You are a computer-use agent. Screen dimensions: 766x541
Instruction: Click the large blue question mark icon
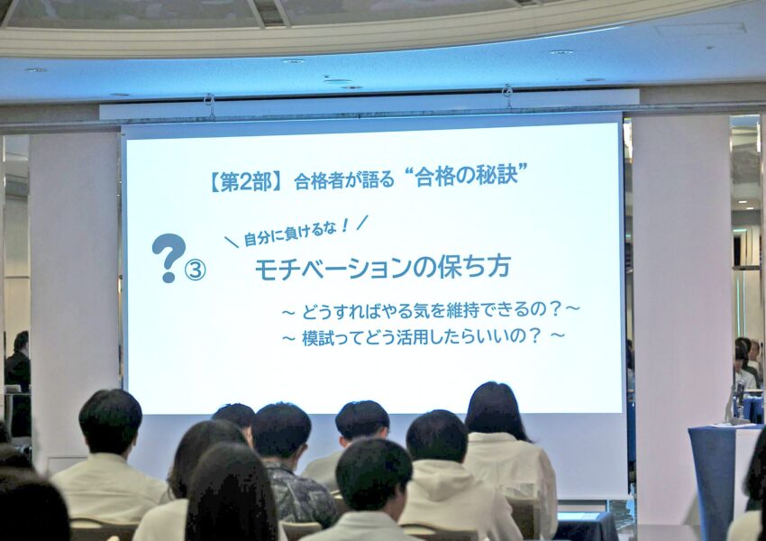pyautogui.click(x=169, y=258)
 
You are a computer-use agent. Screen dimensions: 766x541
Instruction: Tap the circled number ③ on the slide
pyautogui.click(x=196, y=270)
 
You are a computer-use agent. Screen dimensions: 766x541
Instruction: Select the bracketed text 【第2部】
pyautogui.click(x=246, y=183)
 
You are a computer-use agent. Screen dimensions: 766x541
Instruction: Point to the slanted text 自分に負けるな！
pyautogui.click(x=296, y=232)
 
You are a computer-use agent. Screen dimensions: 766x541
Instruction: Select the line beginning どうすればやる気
pyautogui.click(x=431, y=310)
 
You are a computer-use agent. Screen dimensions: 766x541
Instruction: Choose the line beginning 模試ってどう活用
pyautogui.click(x=423, y=336)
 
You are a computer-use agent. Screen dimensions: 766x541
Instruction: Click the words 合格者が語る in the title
pyautogui.click(x=344, y=180)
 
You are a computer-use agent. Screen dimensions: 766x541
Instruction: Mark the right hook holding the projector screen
pyautogui.click(x=507, y=96)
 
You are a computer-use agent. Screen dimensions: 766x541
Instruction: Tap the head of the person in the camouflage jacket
pyautogui.click(x=280, y=430)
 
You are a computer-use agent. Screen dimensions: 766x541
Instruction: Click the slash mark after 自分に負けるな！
pyautogui.click(x=362, y=223)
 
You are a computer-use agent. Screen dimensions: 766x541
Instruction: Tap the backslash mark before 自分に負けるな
pyautogui.click(x=232, y=242)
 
